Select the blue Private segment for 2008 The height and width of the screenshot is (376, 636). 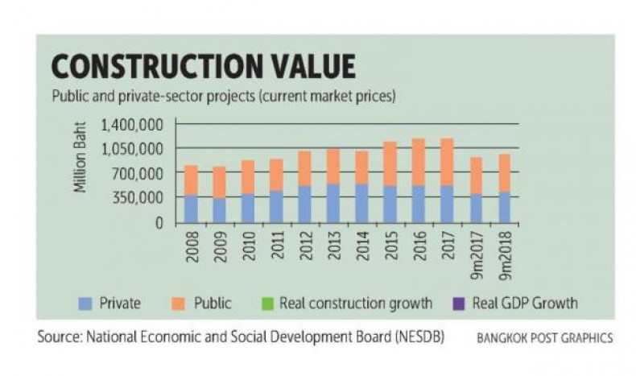point(190,209)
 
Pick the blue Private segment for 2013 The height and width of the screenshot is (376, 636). point(332,203)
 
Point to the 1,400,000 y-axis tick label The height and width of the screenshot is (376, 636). point(134,125)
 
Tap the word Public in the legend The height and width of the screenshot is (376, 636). point(213,304)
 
